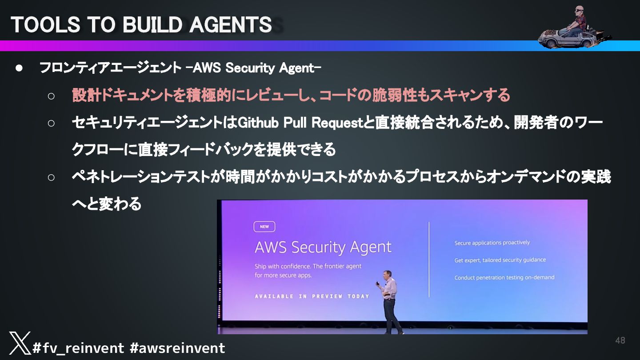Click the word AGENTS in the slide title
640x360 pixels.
(x=230, y=25)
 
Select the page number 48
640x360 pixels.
(x=620, y=340)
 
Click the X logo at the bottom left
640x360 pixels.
(x=20, y=343)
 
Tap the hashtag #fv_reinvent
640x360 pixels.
(x=78, y=348)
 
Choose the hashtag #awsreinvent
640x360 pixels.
(x=177, y=348)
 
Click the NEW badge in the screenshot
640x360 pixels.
(x=264, y=227)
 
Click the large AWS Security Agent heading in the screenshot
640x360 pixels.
(x=323, y=247)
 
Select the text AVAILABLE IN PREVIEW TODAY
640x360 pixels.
(x=312, y=296)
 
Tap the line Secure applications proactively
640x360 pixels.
(x=492, y=243)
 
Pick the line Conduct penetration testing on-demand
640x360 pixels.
(x=504, y=277)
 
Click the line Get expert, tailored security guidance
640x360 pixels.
(x=500, y=260)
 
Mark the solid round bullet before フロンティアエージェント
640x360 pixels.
(x=19, y=68)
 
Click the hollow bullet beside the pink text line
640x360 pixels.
(x=51, y=96)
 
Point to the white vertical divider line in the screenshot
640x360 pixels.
(x=429, y=260)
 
